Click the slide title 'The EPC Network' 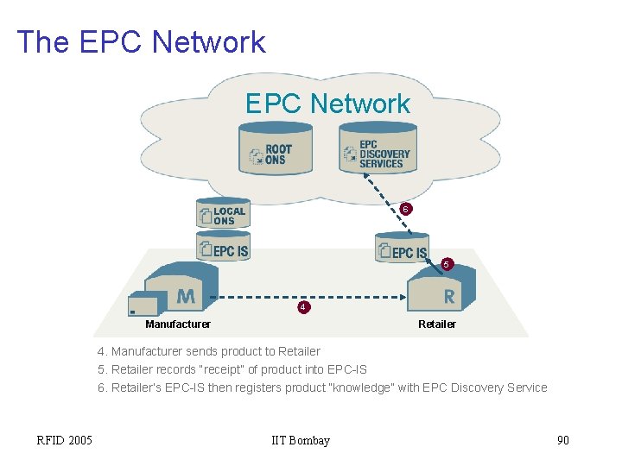click(x=141, y=41)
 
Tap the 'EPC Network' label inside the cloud click(x=327, y=104)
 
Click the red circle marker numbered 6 click(x=405, y=210)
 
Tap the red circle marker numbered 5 click(x=446, y=263)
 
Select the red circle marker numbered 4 click(x=302, y=307)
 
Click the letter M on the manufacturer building click(x=186, y=297)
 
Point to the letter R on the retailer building click(x=448, y=297)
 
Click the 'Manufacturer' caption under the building click(x=178, y=324)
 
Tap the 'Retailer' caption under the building click(x=437, y=324)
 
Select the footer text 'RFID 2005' click(x=65, y=441)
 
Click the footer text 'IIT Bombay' click(x=301, y=441)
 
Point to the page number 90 click(x=563, y=441)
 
